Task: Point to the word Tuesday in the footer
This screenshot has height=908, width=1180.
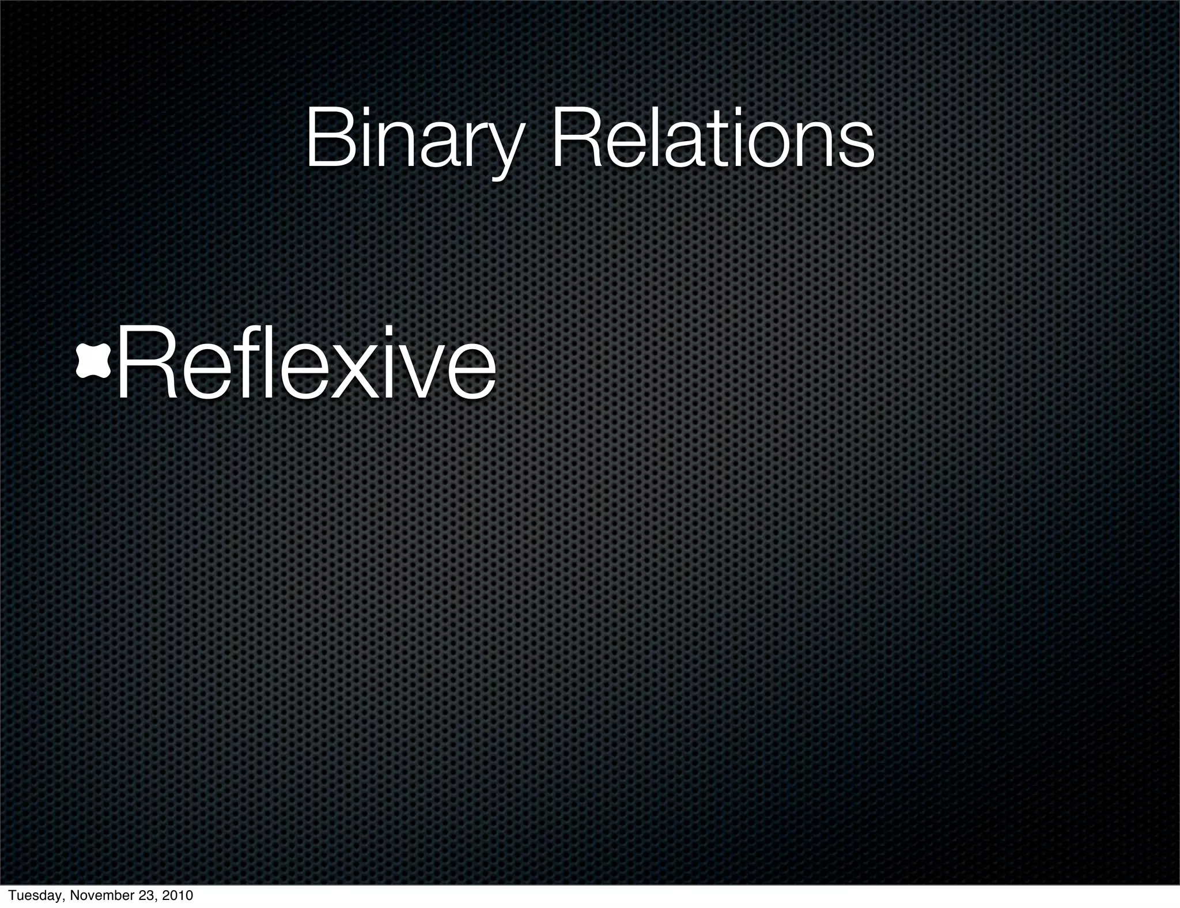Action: tap(31, 896)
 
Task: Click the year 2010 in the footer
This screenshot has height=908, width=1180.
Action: tap(178, 896)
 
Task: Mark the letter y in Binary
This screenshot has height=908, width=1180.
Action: tap(504, 147)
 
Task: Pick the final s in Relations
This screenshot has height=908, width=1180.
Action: tap(857, 147)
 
